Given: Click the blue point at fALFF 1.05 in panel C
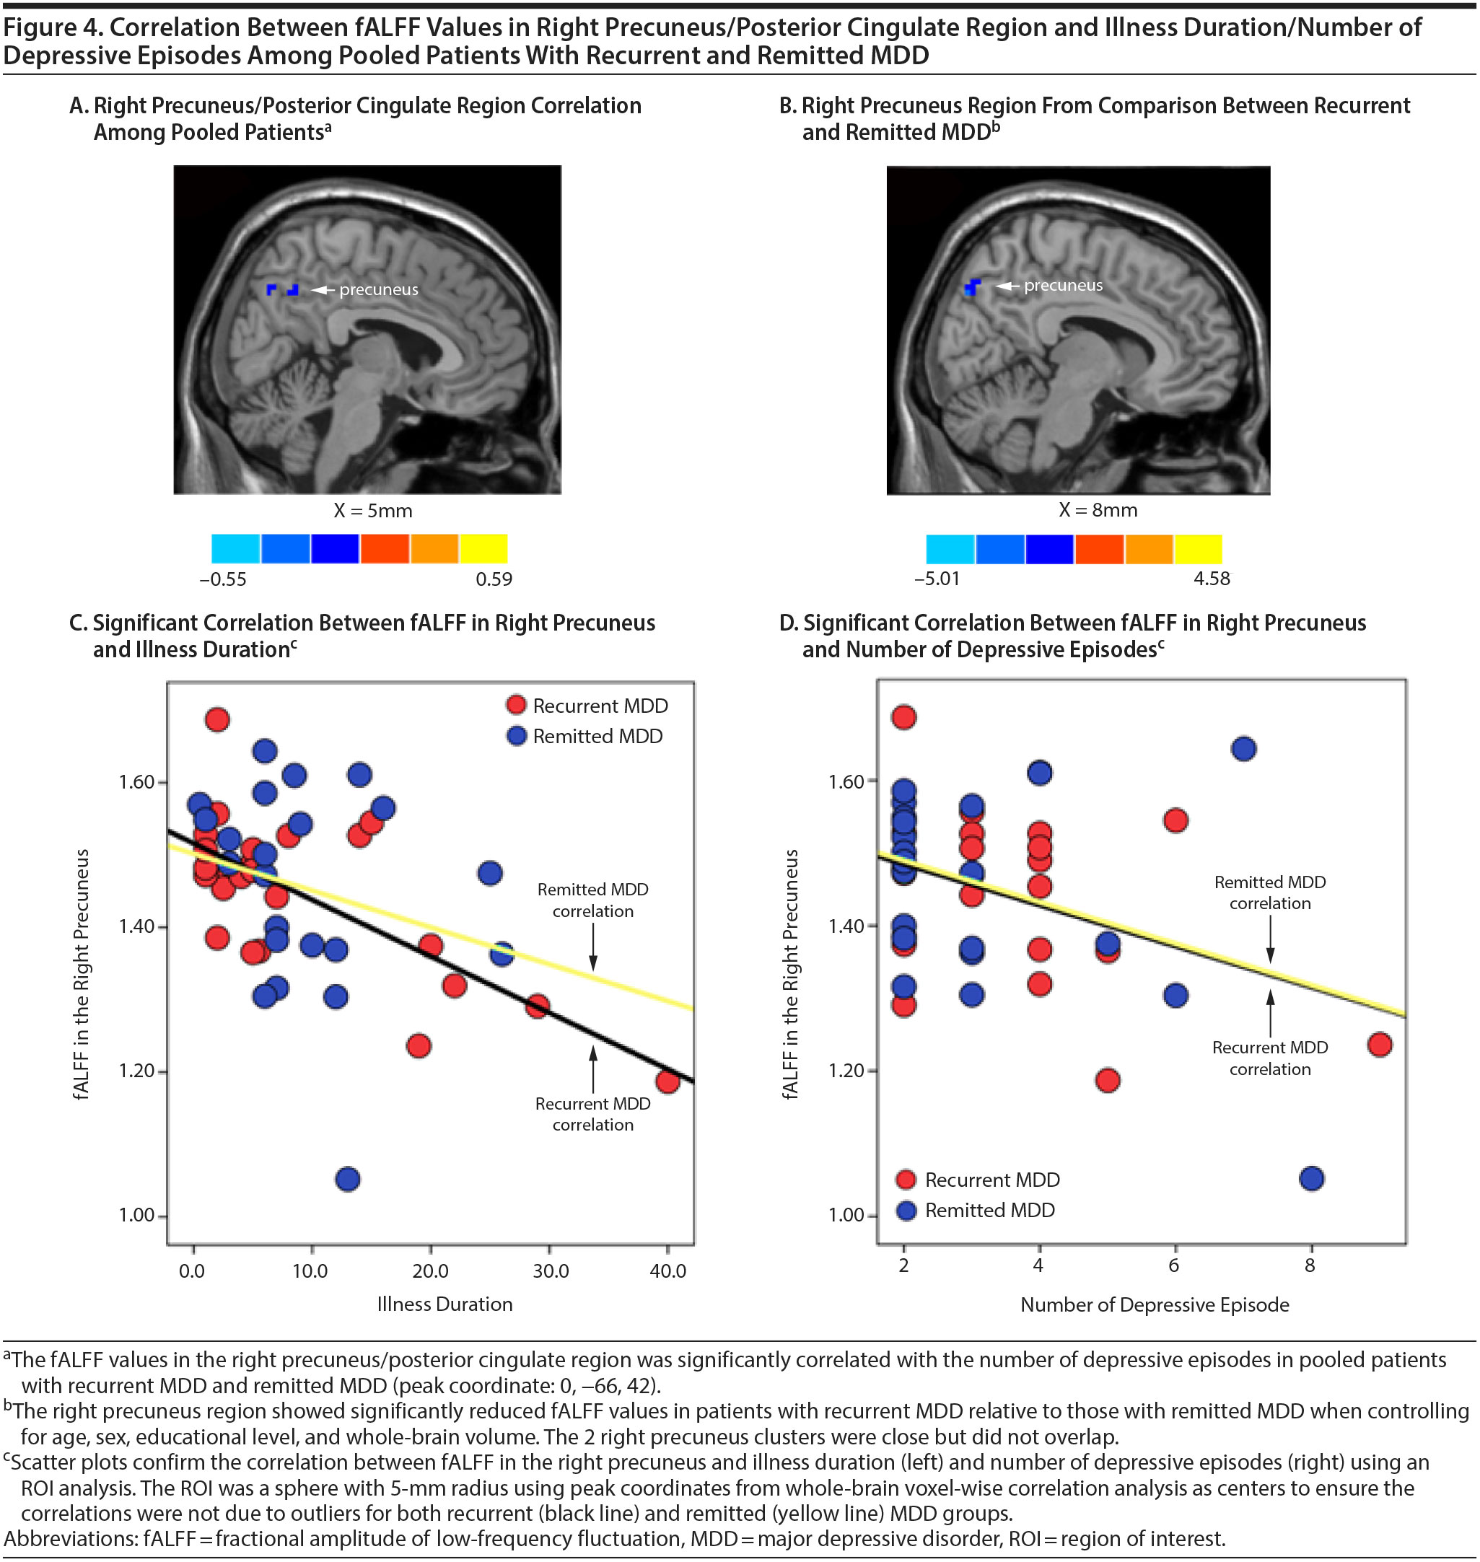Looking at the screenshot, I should tap(348, 1180).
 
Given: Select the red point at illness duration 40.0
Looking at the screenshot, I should tap(667, 1081).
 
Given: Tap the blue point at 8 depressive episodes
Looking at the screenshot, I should tap(1311, 1179).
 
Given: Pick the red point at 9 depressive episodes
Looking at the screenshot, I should tap(1380, 1045).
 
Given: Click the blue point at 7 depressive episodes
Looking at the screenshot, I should tap(1243, 749).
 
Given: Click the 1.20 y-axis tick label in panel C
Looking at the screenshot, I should tap(136, 1071).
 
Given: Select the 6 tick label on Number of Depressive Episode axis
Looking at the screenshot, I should tap(1174, 1265).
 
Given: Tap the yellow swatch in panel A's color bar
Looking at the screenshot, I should tap(483, 548).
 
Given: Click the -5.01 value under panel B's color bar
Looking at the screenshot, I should tap(937, 578).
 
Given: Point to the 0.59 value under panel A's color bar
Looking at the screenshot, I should tap(494, 579).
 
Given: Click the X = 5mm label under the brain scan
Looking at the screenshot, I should tap(372, 510).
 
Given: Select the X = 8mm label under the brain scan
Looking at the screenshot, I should tap(1098, 509).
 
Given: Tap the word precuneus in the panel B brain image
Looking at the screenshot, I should tap(1063, 286).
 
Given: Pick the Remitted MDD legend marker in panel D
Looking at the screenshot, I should tap(906, 1210).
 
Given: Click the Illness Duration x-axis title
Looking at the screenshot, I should tap(445, 1304).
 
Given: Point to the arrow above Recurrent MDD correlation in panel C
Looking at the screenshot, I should tap(592, 1065).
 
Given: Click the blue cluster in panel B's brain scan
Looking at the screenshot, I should tap(973, 286).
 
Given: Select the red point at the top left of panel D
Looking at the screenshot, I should tap(903, 717).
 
